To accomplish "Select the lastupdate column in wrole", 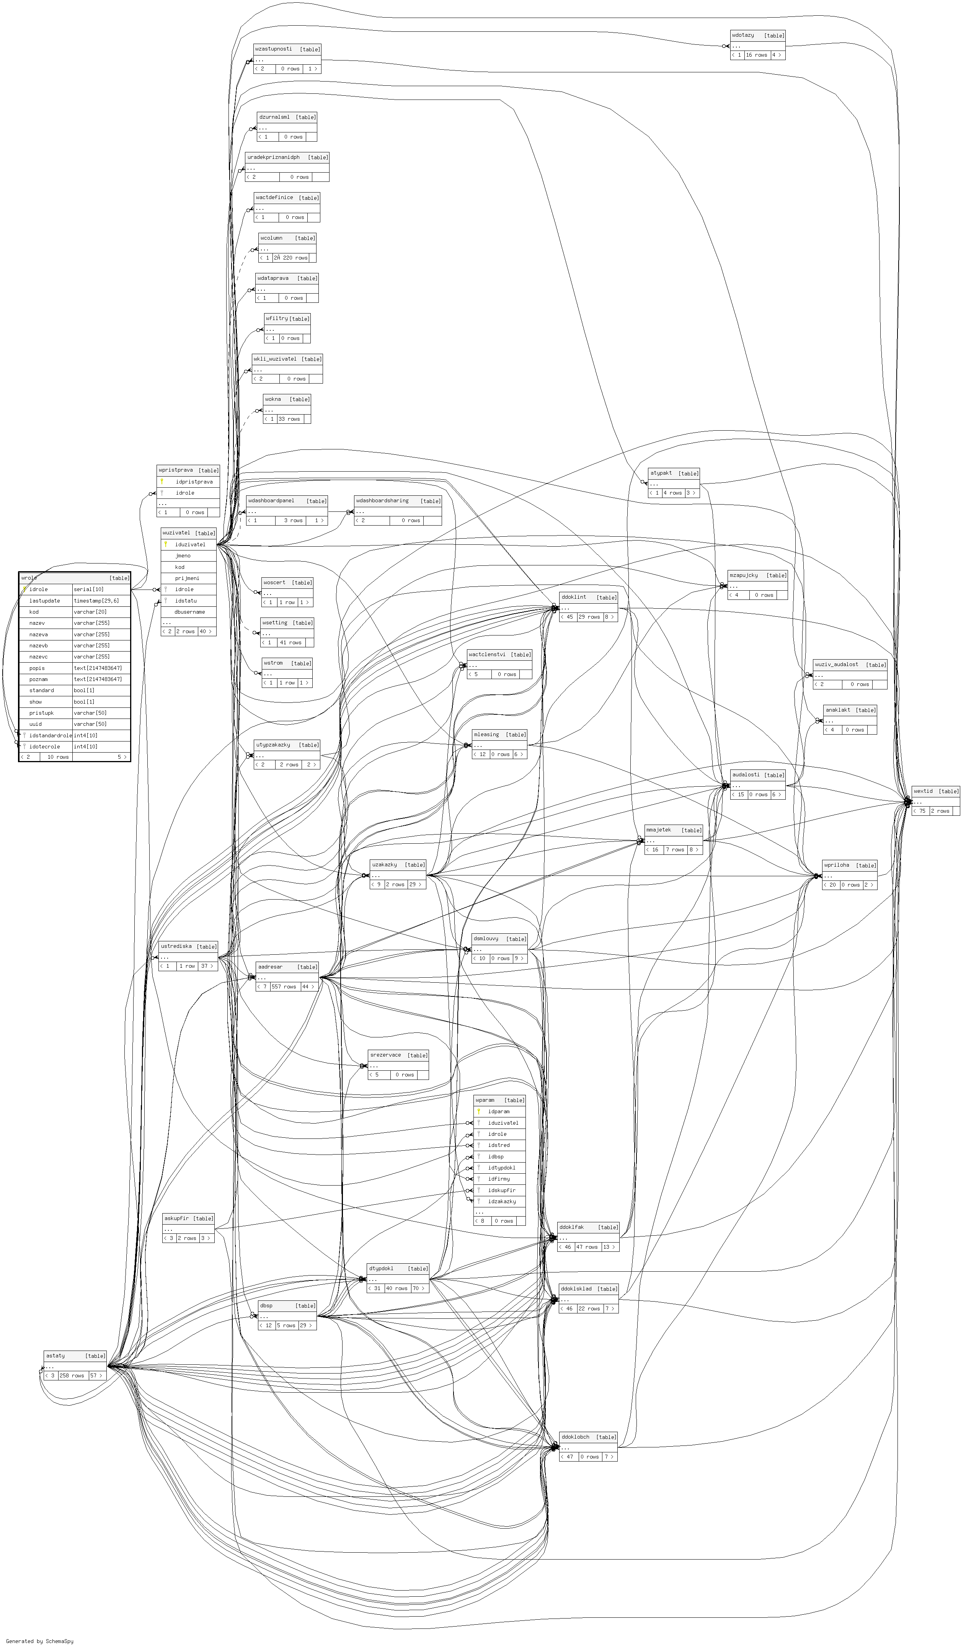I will [44, 600].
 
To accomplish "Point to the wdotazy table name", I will [743, 35].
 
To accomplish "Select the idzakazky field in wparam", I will [502, 1200].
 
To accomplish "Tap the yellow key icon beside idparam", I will [479, 1111].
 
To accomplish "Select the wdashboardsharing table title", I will [383, 500].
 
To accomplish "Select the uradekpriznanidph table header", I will [273, 157].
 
